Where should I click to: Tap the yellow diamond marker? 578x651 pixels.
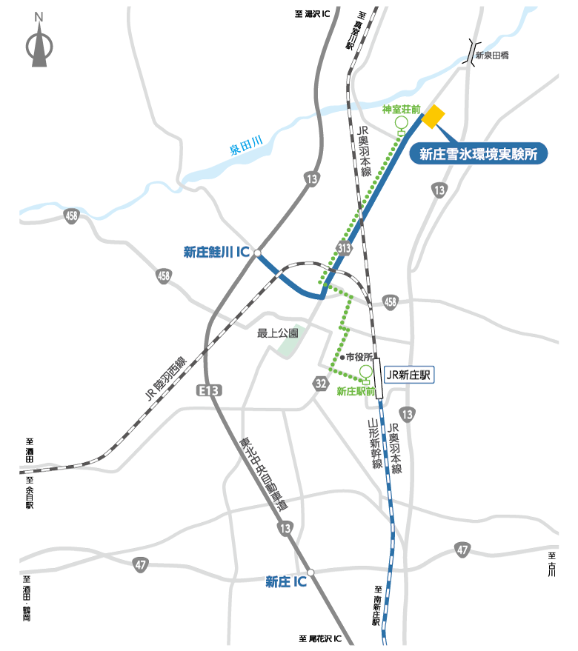click(433, 115)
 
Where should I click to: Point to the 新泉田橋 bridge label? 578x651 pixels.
click(492, 56)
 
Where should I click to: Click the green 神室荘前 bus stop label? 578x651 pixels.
click(401, 110)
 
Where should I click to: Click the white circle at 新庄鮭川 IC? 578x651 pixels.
click(257, 254)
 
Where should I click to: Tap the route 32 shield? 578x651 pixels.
click(320, 383)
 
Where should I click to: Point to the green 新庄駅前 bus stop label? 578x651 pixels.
click(356, 390)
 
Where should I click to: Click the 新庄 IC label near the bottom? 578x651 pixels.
click(285, 582)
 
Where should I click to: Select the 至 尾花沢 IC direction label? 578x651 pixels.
click(320, 638)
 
